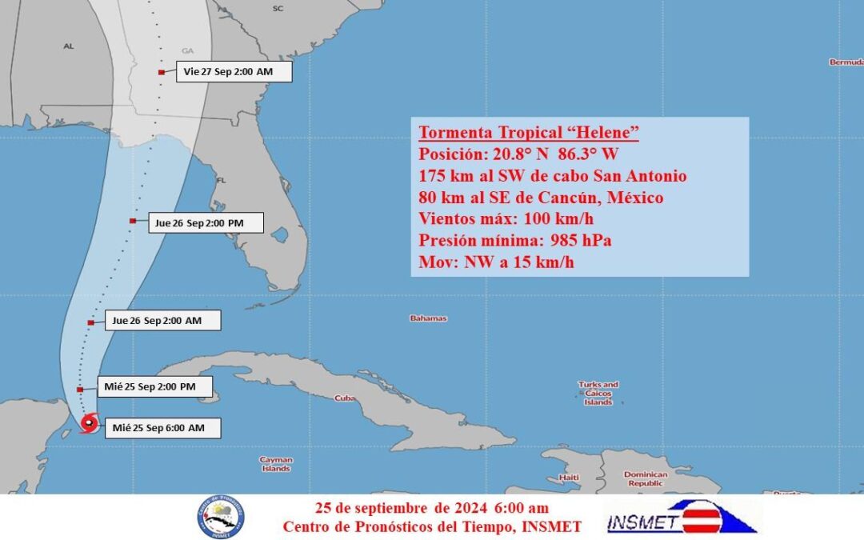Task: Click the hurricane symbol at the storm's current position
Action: click(x=89, y=423)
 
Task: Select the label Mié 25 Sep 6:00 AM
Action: click(x=158, y=428)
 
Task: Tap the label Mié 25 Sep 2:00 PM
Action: click(x=150, y=387)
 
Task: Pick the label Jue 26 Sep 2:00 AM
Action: click(x=156, y=321)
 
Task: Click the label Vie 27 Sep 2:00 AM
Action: click(x=228, y=72)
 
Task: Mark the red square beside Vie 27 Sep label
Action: click(x=162, y=73)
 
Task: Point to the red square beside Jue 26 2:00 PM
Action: click(x=132, y=221)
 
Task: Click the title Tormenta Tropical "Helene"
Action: click(x=528, y=133)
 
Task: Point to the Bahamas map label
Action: click(x=429, y=318)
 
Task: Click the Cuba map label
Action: click(x=345, y=398)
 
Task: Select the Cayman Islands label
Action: click(x=276, y=464)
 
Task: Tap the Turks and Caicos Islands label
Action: click(x=598, y=394)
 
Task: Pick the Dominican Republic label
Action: click(x=645, y=478)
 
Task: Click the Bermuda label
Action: click(x=846, y=62)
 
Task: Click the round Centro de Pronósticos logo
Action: click(x=222, y=517)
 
